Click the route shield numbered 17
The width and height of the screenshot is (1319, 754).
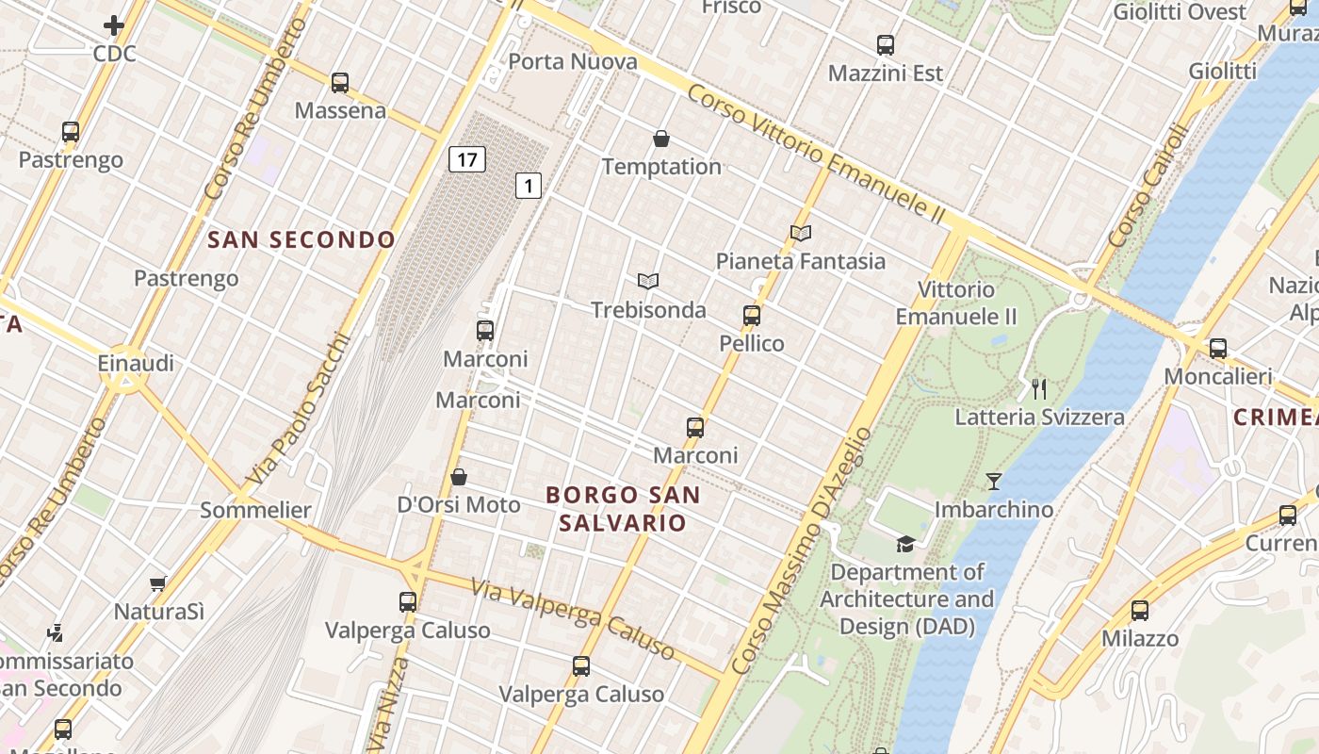(467, 159)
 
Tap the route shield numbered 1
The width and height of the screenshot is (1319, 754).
(529, 187)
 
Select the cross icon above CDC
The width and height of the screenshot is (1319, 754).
(115, 25)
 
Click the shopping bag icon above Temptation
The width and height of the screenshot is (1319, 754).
(661, 139)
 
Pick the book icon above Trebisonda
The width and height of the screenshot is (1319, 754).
(648, 281)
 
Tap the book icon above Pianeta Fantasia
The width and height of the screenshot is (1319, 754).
(801, 233)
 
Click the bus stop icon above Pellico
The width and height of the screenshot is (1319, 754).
(752, 316)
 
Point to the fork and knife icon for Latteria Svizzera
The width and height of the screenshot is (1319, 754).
(1039, 388)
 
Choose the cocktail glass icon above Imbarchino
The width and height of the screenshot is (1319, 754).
(994, 482)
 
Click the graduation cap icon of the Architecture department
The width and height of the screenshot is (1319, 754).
(905, 544)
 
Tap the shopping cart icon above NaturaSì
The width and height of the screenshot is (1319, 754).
(158, 584)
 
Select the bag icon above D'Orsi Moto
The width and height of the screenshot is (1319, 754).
(459, 477)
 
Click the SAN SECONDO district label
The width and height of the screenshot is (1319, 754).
(301, 240)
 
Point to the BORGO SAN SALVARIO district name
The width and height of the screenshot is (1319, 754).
(623, 508)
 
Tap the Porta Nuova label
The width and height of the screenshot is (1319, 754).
(573, 62)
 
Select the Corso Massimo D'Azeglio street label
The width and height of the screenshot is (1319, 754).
(802, 551)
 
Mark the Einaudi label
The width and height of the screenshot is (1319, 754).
(137, 364)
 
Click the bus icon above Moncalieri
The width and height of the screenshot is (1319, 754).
(1218, 349)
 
